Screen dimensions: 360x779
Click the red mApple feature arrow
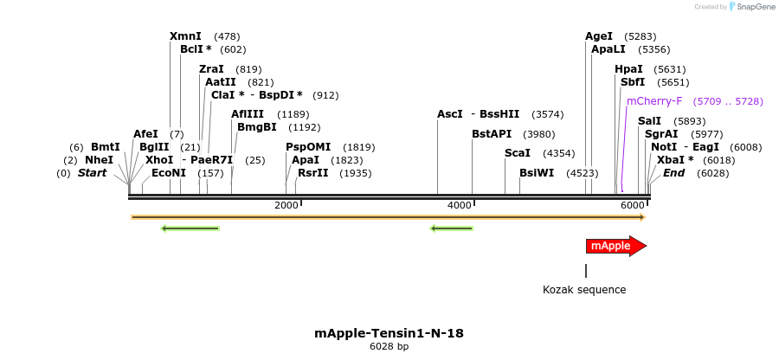tap(615, 246)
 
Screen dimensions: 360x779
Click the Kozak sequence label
tap(584, 290)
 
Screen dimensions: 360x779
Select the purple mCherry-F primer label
tap(653, 101)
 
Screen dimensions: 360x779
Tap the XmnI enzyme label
tap(185, 36)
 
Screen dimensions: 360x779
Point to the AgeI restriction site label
tap(598, 36)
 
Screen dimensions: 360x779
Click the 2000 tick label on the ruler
tap(286, 205)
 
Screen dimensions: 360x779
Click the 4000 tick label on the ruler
tap(460, 205)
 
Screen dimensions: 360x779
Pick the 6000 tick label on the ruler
tap(633, 205)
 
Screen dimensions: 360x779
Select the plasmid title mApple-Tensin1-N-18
tap(389, 332)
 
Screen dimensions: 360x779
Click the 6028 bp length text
tap(389, 346)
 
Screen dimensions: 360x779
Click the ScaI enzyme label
tap(517, 153)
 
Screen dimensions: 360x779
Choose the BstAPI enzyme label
tap(492, 134)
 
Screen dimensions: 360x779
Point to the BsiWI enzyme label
tap(537, 173)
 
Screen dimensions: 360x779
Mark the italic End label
tap(673, 173)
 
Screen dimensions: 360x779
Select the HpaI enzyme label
tap(628, 69)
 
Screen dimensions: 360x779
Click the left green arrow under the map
tap(190, 228)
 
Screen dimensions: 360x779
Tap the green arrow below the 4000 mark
tap(452, 228)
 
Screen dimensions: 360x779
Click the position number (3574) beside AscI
tap(548, 114)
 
